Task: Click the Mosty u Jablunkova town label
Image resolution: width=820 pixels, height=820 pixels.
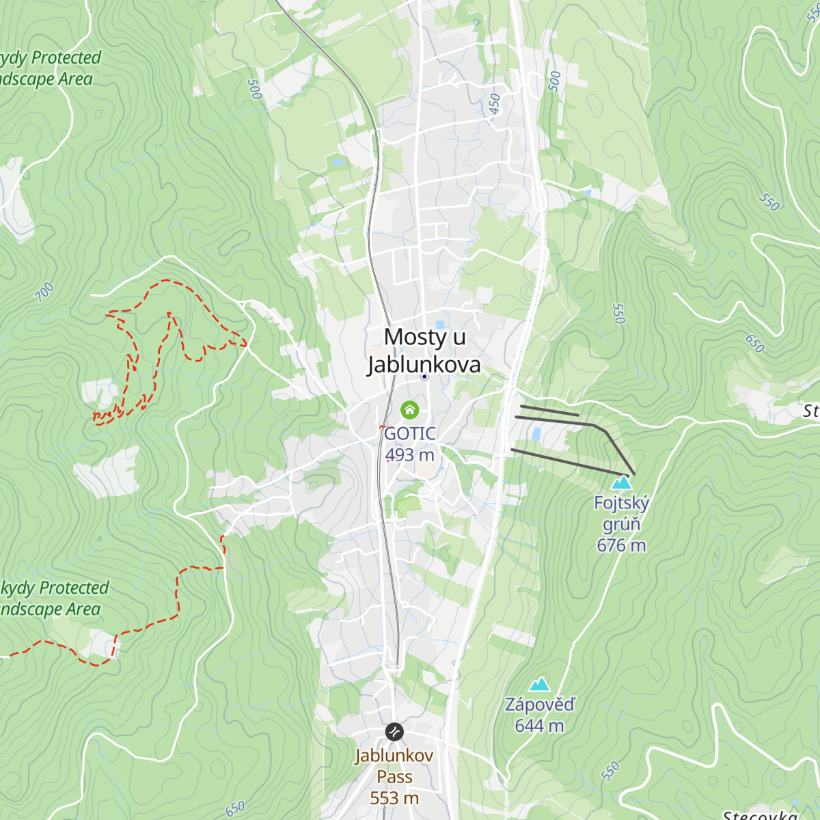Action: (424, 351)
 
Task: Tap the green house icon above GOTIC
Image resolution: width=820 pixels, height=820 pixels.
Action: (409, 410)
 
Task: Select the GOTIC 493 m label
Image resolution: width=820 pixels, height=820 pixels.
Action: (409, 444)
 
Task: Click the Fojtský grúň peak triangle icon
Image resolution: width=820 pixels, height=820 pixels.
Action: (621, 483)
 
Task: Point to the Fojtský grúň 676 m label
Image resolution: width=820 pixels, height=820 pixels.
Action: (621, 524)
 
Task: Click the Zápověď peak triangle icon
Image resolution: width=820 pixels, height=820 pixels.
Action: (539, 684)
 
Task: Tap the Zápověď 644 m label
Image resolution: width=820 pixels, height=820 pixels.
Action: (539, 715)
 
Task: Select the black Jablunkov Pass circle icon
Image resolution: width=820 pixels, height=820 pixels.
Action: (394, 733)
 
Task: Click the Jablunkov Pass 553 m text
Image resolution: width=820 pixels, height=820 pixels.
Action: (394, 777)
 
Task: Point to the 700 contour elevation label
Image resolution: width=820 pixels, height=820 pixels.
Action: (44, 292)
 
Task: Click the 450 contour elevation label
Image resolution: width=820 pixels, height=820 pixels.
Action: (494, 104)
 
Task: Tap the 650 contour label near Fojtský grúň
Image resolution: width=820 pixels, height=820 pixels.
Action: (754, 343)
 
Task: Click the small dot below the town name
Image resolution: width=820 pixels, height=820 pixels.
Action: (424, 377)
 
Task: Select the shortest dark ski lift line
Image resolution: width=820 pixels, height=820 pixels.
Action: (549, 411)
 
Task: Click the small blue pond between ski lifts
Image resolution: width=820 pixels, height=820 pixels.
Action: (536, 434)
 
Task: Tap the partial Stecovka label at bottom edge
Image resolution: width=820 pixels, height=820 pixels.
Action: (760, 815)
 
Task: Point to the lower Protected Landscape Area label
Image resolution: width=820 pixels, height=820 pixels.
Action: (52, 599)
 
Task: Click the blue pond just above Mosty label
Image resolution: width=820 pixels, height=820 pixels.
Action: (440, 324)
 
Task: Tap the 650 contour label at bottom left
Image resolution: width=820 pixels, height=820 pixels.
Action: (234, 809)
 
